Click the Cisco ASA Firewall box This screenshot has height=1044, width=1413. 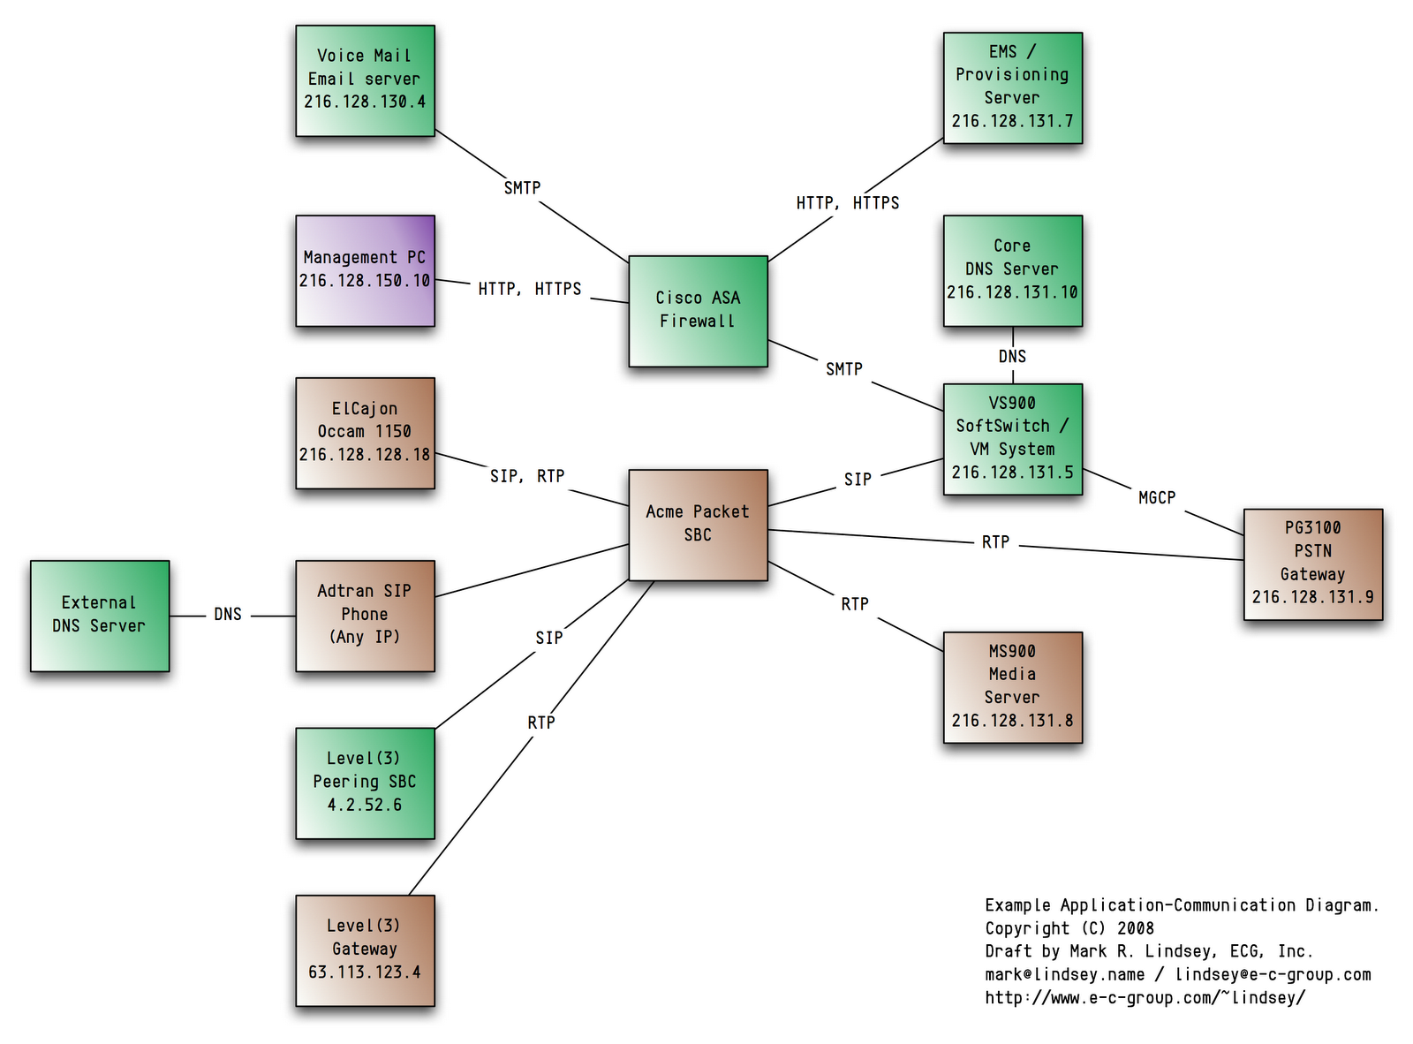click(x=698, y=311)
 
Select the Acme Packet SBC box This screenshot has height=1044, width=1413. click(x=698, y=525)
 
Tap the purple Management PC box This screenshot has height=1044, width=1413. click(x=365, y=270)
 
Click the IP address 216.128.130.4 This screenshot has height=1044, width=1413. click(x=365, y=102)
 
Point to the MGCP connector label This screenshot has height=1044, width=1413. click(x=1157, y=498)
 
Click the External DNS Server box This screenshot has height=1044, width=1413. click(x=99, y=616)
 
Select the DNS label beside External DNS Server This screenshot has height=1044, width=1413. click(x=228, y=614)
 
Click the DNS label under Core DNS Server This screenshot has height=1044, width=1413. click(x=1012, y=356)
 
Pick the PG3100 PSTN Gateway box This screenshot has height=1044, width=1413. click(x=1312, y=564)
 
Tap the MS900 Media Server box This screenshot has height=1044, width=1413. click(x=1012, y=686)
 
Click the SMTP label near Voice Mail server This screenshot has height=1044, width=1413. click(x=522, y=188)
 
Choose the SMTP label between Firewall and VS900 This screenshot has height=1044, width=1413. click(x=844, y=369)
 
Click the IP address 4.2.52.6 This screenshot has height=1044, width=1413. click(x=365, y=805)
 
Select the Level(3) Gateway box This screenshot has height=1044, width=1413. click(x=365, y=950)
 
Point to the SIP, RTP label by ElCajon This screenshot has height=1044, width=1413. click(x=527, y=476)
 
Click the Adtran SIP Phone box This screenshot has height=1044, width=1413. click(x=365, y=616)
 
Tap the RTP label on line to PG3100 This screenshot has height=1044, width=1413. click(x=995, y=542)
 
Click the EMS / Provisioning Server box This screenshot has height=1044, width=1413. click(x=1012, y=87)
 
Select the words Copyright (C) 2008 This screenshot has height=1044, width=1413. click(x=1069, y=928)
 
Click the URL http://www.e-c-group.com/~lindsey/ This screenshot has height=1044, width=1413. click(x=1145, y=998)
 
